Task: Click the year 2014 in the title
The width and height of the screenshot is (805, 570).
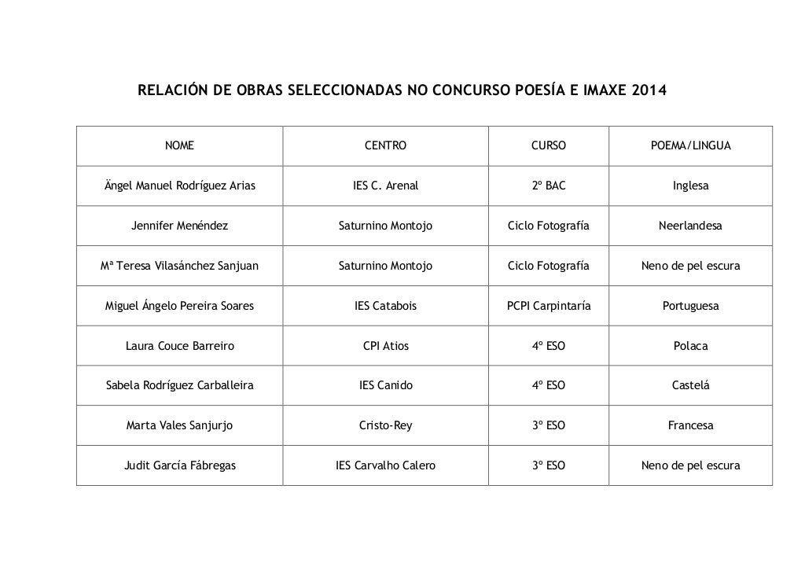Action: tap(646, 91)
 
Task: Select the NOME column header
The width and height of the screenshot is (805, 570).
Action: tap(179, 145)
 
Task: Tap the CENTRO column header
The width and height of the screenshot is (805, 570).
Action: tap(385, 145)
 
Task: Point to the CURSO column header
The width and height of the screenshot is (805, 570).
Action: tap(548, 145)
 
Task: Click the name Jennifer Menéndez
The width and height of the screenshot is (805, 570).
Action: tap(179, 226)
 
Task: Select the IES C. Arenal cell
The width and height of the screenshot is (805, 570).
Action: tap(385, 186)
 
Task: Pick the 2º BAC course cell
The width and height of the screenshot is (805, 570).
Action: tap(548, 186)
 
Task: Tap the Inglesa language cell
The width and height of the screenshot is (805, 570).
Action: tap(690, 186)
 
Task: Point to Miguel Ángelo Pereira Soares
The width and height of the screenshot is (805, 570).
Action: tap(179, 306)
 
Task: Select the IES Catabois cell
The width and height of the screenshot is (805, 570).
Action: tap(385, 306)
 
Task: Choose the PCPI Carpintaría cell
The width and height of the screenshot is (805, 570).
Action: tap(548, 306)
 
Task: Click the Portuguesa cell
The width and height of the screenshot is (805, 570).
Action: tap(690, 306)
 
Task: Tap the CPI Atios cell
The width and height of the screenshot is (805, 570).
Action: tap(385, 346)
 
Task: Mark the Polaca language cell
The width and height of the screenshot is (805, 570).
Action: tap(690, 346)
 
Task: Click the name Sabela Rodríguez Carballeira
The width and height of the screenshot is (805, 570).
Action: tap(179, 386)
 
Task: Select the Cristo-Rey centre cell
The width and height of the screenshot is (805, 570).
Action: tap(385, 425)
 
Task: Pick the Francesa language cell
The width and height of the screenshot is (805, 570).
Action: tap(690, 425)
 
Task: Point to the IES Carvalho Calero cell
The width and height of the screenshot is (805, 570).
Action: tap(385, 465)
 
